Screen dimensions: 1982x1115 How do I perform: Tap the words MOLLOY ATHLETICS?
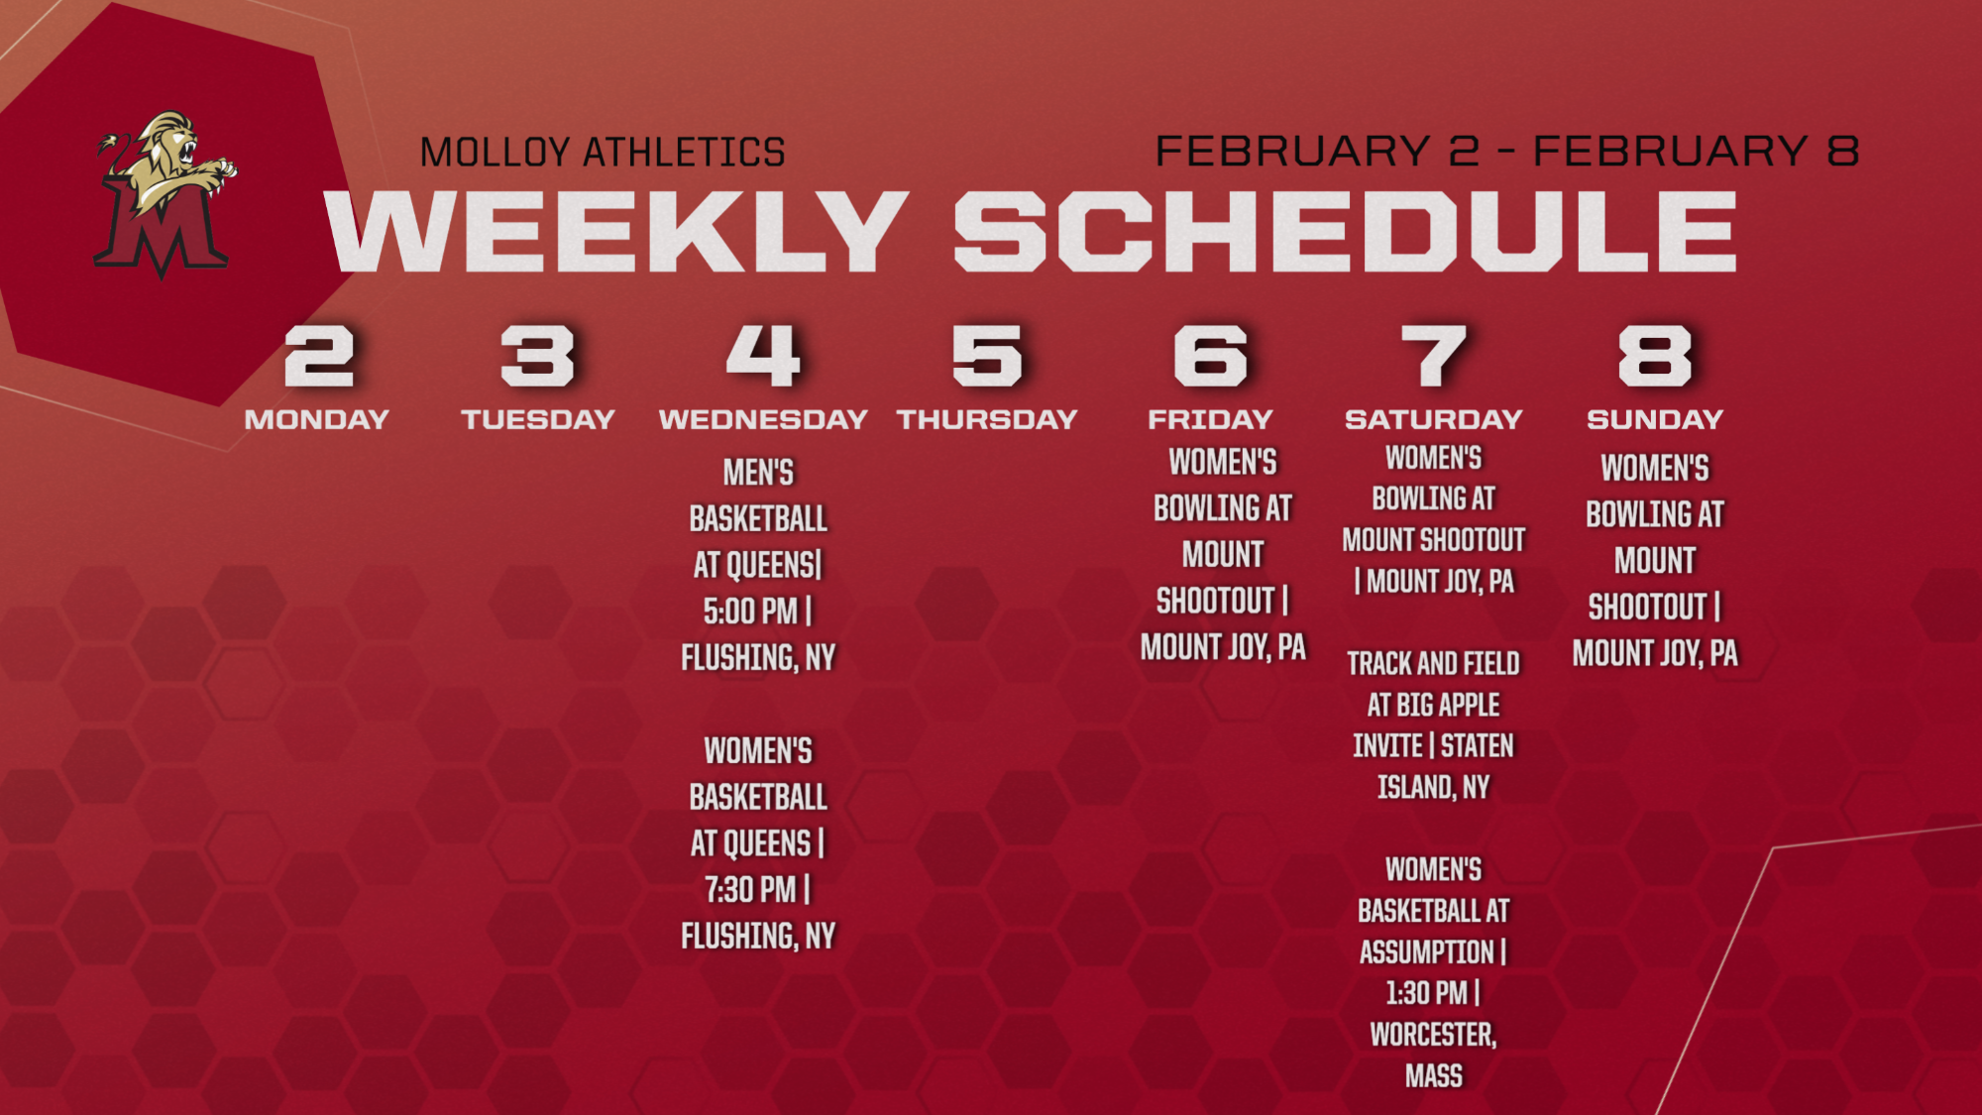tap(603, 153)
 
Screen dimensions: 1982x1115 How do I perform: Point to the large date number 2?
tap(318, 356)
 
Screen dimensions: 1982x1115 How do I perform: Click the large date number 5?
tap(986, 356)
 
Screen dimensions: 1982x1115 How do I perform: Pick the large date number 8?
tap(1654, 356)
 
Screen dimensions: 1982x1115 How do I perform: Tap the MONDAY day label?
tap(317, 419)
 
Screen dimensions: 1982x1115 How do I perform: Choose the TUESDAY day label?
tap(538, 419)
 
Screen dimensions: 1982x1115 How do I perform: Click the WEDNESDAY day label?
tap(763, 419)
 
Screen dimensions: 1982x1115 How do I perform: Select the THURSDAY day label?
tap(987, 419)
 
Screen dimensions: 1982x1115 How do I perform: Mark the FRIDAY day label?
tap(1210, 419)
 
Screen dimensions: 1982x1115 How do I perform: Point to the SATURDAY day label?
tap(1433, 419)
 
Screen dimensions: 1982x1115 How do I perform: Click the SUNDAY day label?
tap(1655, 419)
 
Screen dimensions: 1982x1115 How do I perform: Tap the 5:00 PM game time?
tap(750, 612)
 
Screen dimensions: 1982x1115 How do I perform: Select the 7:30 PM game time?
tap(750, 890)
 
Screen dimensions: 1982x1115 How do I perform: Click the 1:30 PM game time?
tap(1426, 992)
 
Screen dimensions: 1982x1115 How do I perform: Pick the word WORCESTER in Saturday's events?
tap(1433, 1035)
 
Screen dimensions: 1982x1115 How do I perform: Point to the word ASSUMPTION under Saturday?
tap(1426, 951)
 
